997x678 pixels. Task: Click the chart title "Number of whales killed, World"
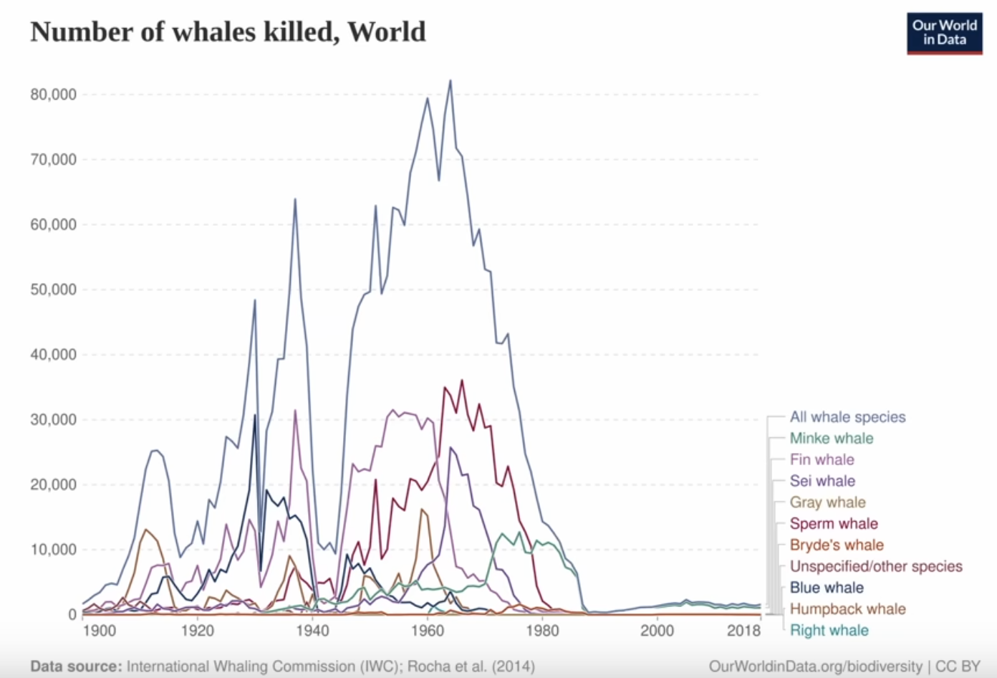click(228, 32)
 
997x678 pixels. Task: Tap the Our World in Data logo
click(944, 33)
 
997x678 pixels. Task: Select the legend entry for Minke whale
click(831, 439)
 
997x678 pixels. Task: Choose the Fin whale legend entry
click(822, 460)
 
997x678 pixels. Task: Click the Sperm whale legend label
click(833, 524)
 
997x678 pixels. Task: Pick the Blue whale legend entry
click(826, 588)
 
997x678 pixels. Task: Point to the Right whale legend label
click(829, 631)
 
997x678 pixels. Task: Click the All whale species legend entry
click(847, 417)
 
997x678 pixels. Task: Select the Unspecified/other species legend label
click(875, 566)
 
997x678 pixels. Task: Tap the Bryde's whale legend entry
click(836, 545)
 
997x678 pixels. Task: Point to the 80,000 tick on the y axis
click(53, 95)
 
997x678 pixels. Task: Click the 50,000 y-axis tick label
click(53, 290)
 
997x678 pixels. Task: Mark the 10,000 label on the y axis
click(53, 550)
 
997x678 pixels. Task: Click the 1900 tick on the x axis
click(99, 631)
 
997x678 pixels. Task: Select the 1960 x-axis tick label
click(428, 631)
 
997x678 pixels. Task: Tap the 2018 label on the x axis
click(743, 631)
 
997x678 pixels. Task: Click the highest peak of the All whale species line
click(450, 80)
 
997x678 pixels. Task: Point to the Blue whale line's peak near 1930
click(254, 416)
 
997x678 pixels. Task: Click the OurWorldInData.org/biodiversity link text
click(815, 667)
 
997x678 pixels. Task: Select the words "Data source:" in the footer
click(76, 667)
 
